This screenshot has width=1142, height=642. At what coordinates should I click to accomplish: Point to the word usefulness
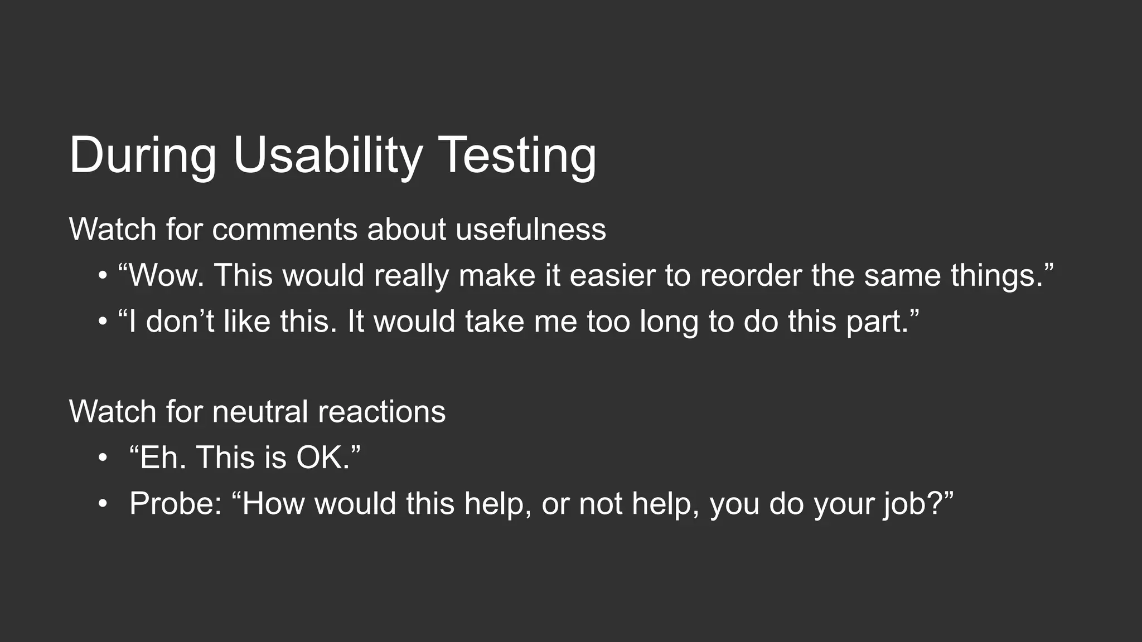(530, 230)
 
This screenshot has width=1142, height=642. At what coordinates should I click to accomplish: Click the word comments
(284, 230)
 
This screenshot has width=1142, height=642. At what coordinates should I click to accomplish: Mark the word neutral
(260, 412)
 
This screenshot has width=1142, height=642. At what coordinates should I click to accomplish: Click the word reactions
(381, 412)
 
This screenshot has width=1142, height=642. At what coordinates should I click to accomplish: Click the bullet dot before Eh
(101, 459)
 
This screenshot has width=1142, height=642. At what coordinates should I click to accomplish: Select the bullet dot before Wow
(101, 276)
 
